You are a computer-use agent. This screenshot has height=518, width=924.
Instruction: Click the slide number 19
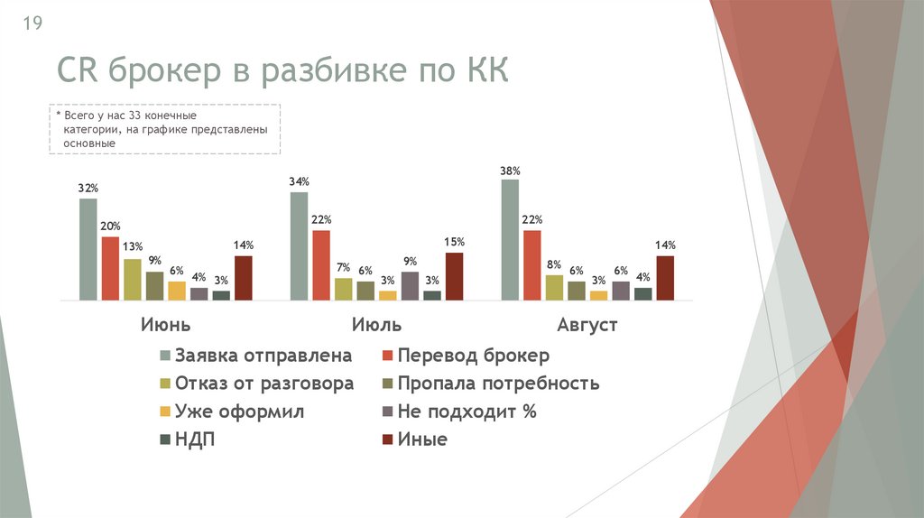click(x=32, y=23)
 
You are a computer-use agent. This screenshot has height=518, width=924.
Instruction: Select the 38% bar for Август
click(x=510, y=239)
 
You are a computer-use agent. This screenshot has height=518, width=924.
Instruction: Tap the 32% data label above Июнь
click(x=88, y=188)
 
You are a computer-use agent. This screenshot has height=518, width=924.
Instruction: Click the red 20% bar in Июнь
click(x=110, y=268)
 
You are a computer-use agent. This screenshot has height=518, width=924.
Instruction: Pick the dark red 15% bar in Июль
click(x=454, y=276)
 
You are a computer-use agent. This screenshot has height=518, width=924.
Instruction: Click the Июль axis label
click(x=376, y=325)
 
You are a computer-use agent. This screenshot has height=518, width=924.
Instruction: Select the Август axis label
click(x=587, y=325)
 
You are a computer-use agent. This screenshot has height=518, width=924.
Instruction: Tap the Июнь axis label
click(x=165, y=325)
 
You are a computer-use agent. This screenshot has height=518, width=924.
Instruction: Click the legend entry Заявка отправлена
click(x=263, y=356)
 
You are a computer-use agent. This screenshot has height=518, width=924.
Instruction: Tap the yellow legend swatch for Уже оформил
click(x=164, y=412)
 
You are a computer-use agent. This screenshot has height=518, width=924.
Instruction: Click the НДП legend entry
click(x=195, y=440)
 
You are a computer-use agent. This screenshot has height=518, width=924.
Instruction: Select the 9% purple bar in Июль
click(x=410, y=285)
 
